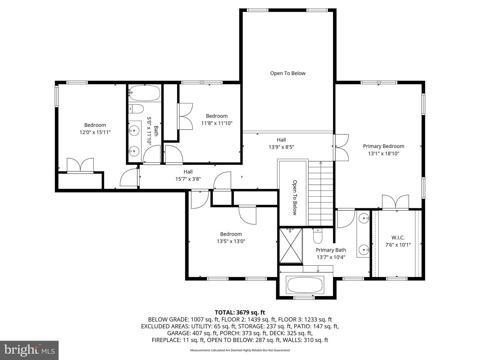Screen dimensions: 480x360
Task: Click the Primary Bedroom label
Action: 383,146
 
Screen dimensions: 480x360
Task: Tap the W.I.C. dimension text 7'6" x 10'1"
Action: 398,245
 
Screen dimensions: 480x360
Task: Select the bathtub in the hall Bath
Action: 144,93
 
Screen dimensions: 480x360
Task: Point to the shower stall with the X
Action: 291,245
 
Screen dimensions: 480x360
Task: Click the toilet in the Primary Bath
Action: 318,236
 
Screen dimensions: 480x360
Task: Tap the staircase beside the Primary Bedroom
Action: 320,193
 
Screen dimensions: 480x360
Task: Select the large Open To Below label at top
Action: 288,73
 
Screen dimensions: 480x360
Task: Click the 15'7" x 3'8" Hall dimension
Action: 188,179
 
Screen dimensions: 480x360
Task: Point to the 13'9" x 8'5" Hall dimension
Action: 281,147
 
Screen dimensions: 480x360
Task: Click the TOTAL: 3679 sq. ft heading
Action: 240,312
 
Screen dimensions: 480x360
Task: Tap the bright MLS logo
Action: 29,350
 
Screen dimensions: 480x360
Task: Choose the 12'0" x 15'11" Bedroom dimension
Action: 95,132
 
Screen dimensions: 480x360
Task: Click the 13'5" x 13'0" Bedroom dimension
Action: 231,241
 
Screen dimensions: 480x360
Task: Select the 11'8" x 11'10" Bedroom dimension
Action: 216,123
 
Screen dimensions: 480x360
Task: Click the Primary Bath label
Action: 331,250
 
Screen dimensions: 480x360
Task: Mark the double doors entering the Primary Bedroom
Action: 341,148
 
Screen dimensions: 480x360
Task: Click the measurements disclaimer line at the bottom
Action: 240,350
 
